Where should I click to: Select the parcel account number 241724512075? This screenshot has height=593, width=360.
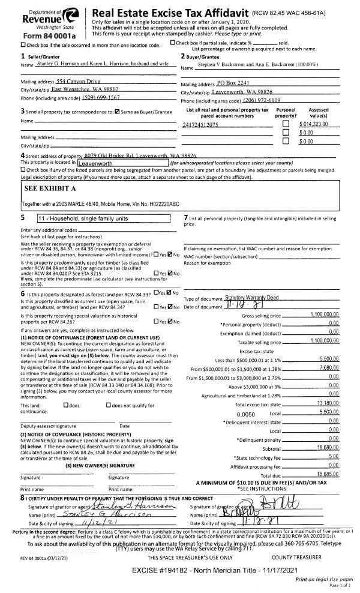200,124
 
